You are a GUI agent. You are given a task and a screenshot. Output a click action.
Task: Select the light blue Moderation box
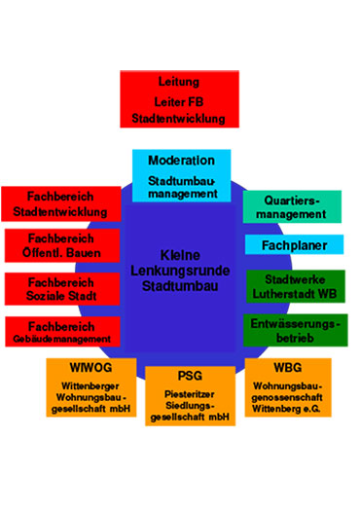click(x=182, y=175)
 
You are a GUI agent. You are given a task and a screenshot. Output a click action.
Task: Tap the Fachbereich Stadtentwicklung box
click(x=60, y=203)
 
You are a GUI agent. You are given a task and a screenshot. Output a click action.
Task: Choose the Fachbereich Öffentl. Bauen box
click(x=61, y=245)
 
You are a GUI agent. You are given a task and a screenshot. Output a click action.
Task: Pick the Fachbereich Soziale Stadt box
click(x=61, y=288)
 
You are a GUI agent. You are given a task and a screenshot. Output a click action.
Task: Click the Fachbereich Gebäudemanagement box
click(x=61, y=331)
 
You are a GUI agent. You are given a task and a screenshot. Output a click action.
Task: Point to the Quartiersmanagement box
click(x=292, y=205)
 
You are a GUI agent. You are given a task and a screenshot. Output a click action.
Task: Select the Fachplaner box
click(x=293, y=245)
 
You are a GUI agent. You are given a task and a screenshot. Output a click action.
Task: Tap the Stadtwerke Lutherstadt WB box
click(x=293, y=286)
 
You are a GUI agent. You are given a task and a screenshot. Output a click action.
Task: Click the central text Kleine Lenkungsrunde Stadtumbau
click(x=182, y=270)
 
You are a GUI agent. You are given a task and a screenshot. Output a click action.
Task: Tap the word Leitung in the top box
click(x=178, y=82)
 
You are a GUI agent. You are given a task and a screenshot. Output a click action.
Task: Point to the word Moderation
click(x=182, y=161)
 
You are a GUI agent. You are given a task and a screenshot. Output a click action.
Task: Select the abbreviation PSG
click(x=190, y=376)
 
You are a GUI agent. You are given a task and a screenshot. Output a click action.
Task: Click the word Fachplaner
click(x=293, y=245)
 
